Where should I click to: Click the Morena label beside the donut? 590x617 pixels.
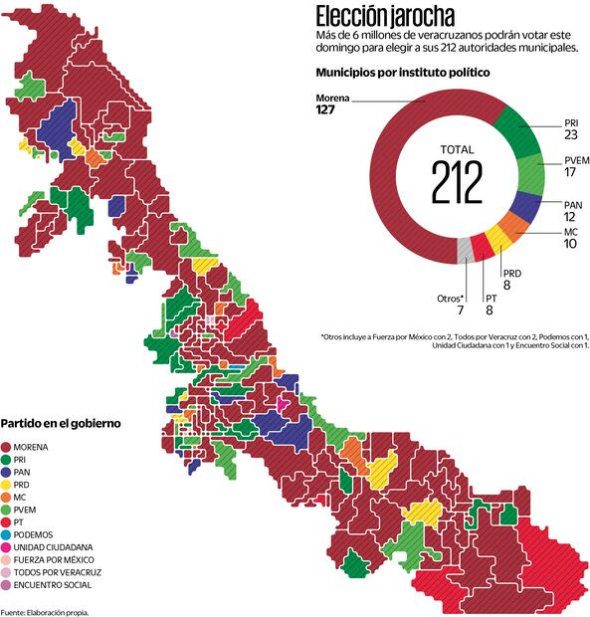tap(333, 98)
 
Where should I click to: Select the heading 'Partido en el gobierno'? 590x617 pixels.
tap(61, 423)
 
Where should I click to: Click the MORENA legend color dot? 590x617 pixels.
tap(7, 447)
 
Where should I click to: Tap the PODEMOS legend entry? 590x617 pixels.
tap(43, 534)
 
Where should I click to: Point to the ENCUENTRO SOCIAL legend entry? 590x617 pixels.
tap(58, 585)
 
